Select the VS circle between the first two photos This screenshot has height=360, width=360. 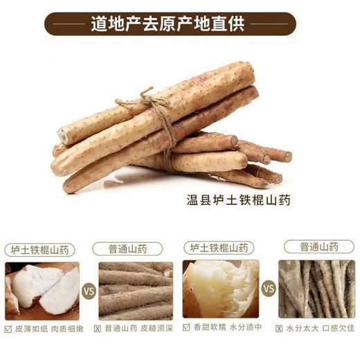pos(89,291)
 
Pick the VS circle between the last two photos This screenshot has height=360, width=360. pos(269,289)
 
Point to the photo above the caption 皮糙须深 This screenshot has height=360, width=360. pos(136,290)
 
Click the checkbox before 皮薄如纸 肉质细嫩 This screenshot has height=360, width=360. pos(8,328)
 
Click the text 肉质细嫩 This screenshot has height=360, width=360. pos(64,328)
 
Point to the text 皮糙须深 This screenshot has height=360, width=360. pos(158,328)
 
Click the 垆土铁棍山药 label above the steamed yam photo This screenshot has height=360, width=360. pos(220,247)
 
